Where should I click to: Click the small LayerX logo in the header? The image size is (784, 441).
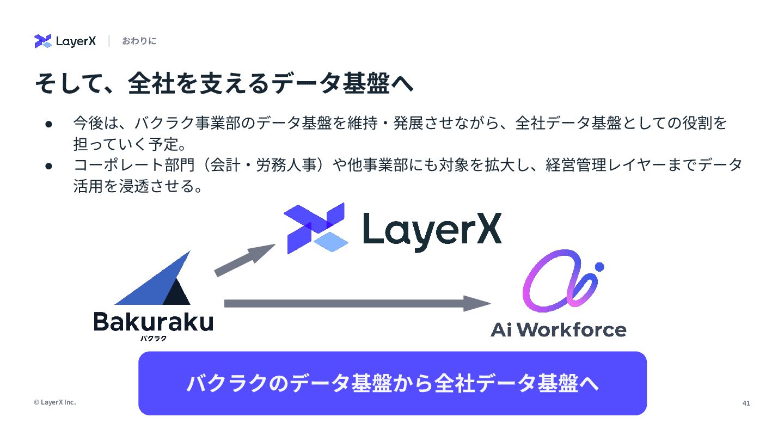(65, 41)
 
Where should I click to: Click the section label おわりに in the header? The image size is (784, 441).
(139, 41)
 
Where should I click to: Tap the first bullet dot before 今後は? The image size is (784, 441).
(48, 124)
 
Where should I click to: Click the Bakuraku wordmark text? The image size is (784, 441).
(153, 322)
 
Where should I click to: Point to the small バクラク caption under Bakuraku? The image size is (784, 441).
(153, 339)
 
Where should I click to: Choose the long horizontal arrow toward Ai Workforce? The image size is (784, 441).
(357, 303)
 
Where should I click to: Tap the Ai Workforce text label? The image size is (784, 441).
(558, 330)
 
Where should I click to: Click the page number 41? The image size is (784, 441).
(746, 403)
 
